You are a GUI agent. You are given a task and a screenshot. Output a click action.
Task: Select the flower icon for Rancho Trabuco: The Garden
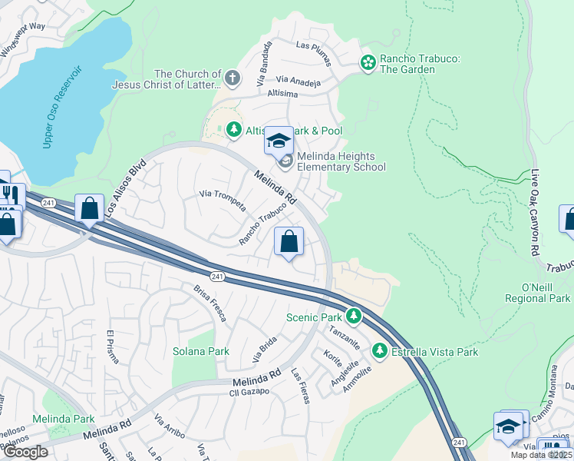click(x=368, y=61)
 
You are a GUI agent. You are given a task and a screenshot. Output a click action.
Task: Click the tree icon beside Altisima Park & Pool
click(x=234, y=131)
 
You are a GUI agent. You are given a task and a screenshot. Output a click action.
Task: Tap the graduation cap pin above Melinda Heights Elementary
click(x=279, y=141)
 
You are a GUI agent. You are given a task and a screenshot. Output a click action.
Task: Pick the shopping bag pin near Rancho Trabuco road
click(x=289, y=242)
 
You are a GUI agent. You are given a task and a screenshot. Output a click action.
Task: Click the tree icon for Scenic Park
click(x=354, y=316)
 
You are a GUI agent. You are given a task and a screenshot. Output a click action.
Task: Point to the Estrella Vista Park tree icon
click(x=379, y=351)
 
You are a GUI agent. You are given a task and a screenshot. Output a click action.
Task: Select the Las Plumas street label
click(x=313, y=46)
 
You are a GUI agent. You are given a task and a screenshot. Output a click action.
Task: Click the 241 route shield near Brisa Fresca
click(x=218, y=275)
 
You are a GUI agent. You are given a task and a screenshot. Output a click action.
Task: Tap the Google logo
click(x=25, y=451)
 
